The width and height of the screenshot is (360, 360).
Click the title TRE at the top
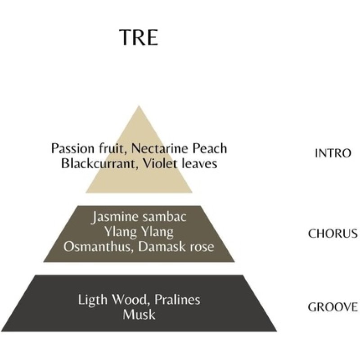tap(139, 37)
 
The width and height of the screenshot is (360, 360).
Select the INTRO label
tap(333, 153)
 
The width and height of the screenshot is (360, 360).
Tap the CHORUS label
tap(333, 234)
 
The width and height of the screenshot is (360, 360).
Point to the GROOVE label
tap(333, 307)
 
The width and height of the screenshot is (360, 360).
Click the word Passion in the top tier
tap(72, 148)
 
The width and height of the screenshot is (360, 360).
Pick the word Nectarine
tap(160, 148)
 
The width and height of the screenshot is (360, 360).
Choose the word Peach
tap(210, 148)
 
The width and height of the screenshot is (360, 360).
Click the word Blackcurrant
tap(99, 164)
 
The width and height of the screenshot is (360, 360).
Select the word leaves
tap(199, 164)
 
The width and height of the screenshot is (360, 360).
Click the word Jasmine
tap(112, 217)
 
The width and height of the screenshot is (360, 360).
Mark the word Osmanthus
tap(99, 247)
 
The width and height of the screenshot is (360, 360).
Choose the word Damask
tap(162, 247)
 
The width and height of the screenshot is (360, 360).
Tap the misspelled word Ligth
tap(93, 300)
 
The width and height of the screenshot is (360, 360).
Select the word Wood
tap(130, 300)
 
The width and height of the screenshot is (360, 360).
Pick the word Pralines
tap(177, 300)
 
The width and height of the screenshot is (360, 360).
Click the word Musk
tap(139, 315)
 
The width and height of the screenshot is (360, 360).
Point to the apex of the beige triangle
tap(139, 106)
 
